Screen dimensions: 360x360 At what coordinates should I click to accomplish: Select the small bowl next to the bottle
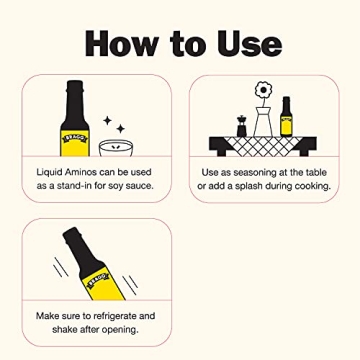[116, 151]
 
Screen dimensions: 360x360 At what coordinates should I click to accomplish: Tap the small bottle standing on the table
[287, 119]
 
